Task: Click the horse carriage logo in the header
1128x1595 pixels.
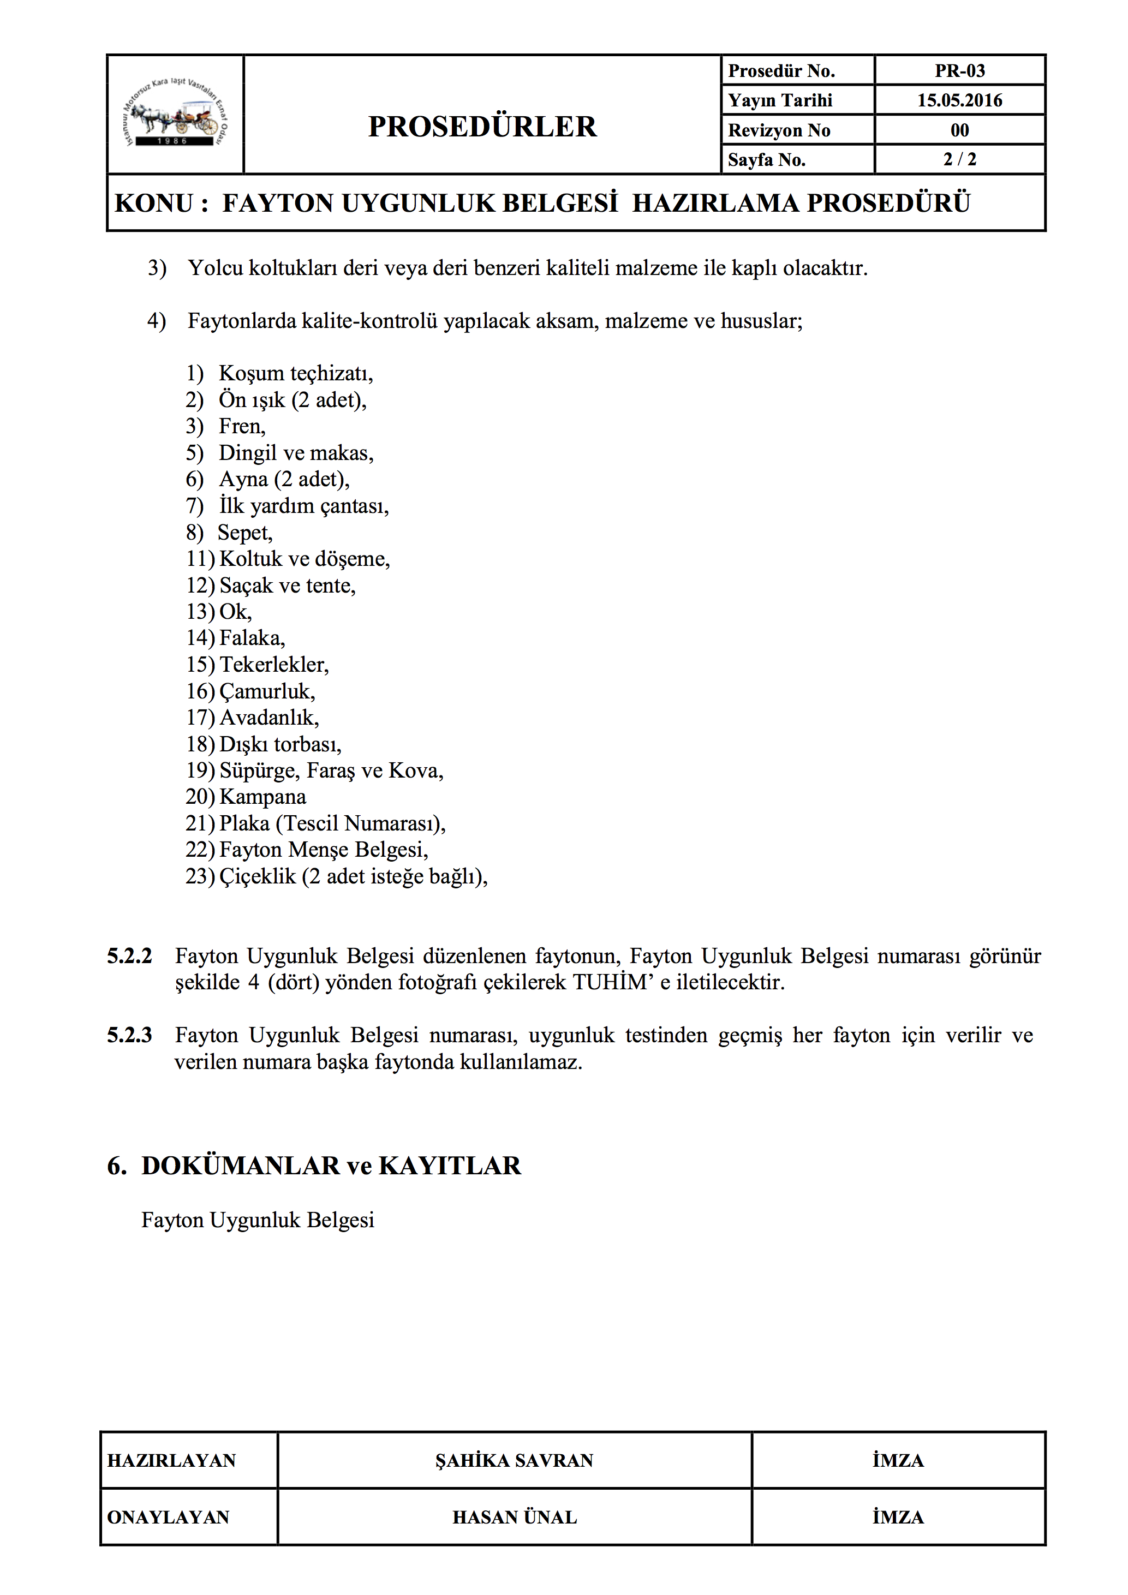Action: pos(175,115)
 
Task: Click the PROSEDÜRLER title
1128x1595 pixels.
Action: pos(482,127)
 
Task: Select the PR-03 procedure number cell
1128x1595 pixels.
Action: pos(959,71)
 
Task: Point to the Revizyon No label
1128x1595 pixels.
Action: pos(779,130)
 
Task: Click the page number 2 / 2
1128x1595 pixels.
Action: pos(959,160)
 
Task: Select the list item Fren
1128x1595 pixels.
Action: pos(242,426)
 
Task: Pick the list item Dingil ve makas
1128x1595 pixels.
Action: pos(296,453)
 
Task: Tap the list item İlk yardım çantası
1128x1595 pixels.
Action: pos(303,506)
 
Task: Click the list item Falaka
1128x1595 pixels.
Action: pos(252,638)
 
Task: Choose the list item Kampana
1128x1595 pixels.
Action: pos(262,797)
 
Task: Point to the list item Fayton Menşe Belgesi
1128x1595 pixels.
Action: pos(323,850)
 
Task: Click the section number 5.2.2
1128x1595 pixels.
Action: pos(129,957)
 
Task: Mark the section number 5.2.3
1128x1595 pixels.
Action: pos(129,1036)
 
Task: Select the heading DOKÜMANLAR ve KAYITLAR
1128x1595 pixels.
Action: pos(331,1166)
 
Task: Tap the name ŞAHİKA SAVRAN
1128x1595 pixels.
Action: pos(514,1460)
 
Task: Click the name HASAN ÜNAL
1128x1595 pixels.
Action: pos(514,1517)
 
